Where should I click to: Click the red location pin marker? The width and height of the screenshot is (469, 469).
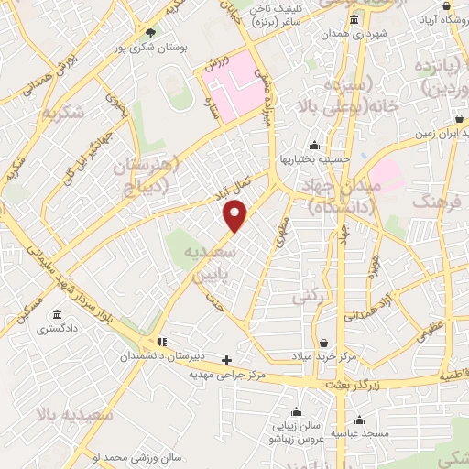click(236, 216)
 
